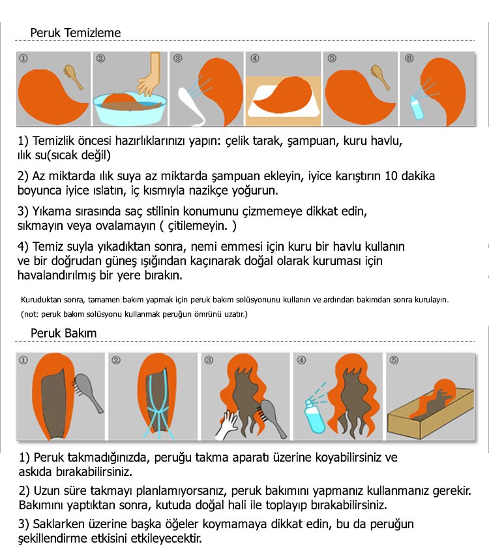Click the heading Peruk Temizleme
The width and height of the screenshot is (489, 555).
click(75, 33)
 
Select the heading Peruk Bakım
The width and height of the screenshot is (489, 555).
click(63, 333)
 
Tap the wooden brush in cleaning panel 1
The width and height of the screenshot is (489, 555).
click(73, 76)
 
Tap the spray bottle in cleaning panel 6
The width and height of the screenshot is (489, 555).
click(415, 107)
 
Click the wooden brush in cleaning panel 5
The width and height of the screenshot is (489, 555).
click(380, 76)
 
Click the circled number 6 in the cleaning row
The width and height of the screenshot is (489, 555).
click(409, 58)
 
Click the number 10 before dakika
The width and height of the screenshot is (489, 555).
click(391, 176)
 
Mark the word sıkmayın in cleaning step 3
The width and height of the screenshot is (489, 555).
click(40, 226)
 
